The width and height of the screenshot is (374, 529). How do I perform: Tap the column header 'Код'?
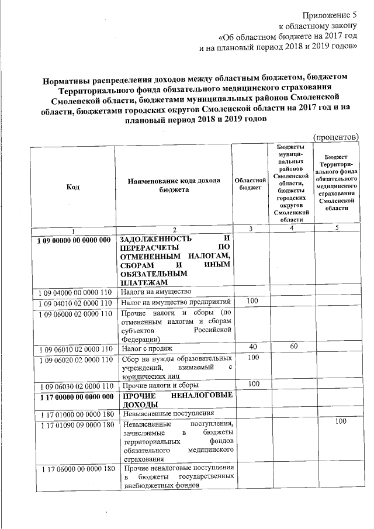(x=73, y=186)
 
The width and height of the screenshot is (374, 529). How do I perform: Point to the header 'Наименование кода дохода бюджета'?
(x=174, y=186)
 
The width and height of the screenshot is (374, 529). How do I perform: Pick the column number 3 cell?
(x=250, y=229)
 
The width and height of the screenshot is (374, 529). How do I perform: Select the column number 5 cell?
(x=337, y=228)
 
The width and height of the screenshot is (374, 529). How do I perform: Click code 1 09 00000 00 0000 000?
(x=73, y=240)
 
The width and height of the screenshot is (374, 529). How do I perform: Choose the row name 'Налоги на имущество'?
(x=156, y=291)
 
